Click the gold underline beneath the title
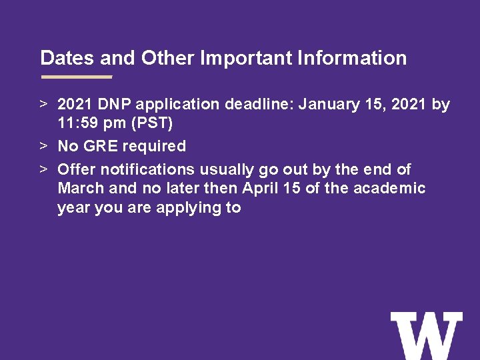[76, 77]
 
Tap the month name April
[262, 188]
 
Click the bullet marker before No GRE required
[42, 146]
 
